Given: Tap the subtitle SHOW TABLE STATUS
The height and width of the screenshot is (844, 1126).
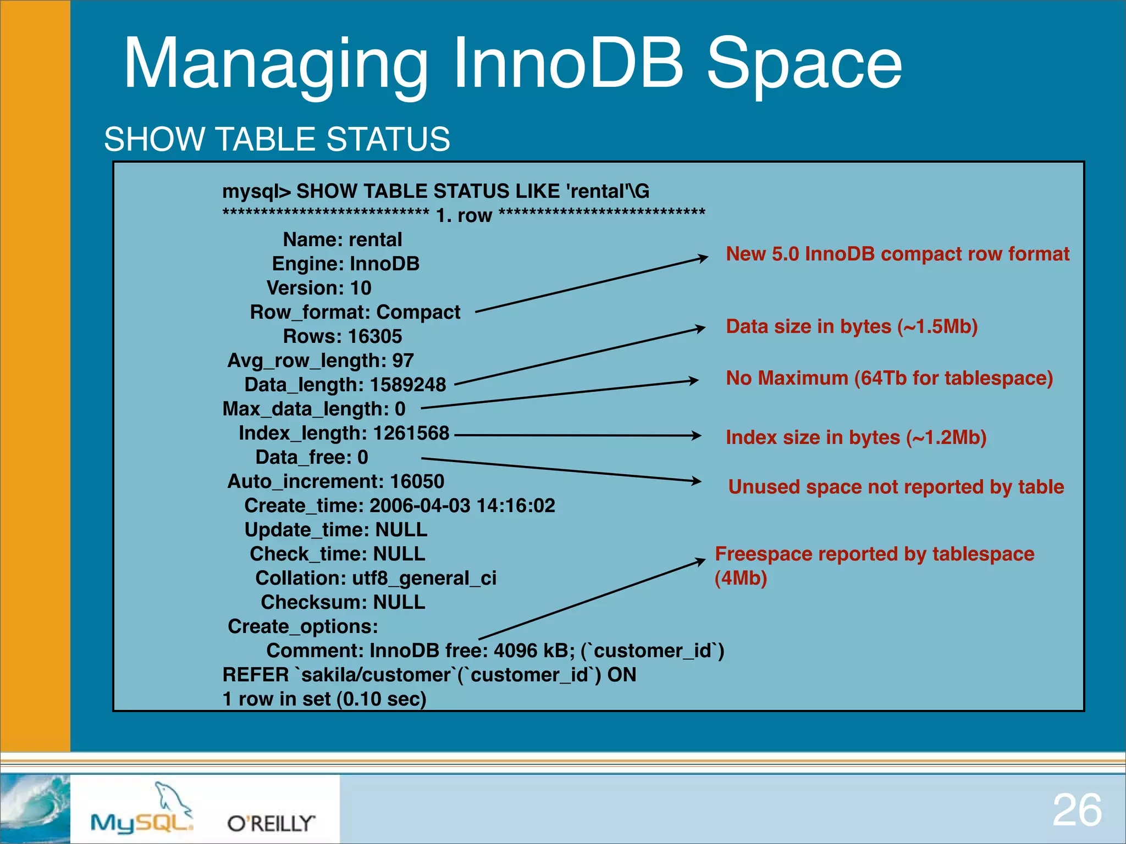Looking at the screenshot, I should click(x=277, y=139).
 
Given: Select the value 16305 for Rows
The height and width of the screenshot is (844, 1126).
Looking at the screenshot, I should click(x=375, y=336).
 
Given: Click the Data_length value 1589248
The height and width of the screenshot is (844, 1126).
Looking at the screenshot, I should click(x=407, y=385).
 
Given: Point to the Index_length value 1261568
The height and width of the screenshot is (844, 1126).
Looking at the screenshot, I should click(x=411, y=433).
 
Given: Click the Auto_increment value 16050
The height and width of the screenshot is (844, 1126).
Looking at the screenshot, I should click(x=417, y=481).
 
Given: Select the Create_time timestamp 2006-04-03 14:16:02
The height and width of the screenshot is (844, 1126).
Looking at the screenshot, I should click(x=462, y=506).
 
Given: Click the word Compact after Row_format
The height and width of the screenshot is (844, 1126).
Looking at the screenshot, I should click(x=418, y=312).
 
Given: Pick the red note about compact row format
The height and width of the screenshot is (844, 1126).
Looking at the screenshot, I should click(x=897, y=254).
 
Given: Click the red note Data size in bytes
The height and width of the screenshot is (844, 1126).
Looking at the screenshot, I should click(x=851, y=326).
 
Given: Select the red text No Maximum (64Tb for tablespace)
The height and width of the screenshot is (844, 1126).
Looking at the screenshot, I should click(x=889, y=378).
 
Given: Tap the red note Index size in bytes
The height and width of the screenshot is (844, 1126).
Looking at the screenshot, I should click(x=855, y=437).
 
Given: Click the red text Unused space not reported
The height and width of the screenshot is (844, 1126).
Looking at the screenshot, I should click(x=896, y=487).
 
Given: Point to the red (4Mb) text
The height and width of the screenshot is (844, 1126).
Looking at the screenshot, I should click(x=740, y=578).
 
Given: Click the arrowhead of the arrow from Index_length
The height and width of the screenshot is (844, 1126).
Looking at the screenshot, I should click(x=697, y=435).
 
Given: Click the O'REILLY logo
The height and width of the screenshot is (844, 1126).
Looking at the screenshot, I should click(x=271, y=823).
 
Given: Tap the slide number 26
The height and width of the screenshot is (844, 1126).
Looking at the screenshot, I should click(x=1077, y=810).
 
